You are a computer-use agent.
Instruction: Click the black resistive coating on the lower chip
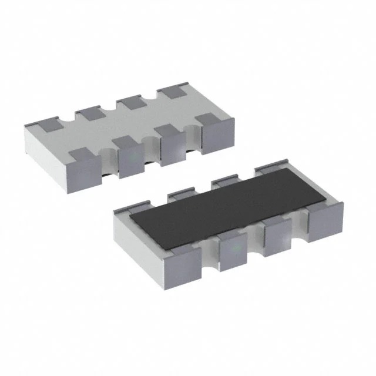point(235,203)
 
